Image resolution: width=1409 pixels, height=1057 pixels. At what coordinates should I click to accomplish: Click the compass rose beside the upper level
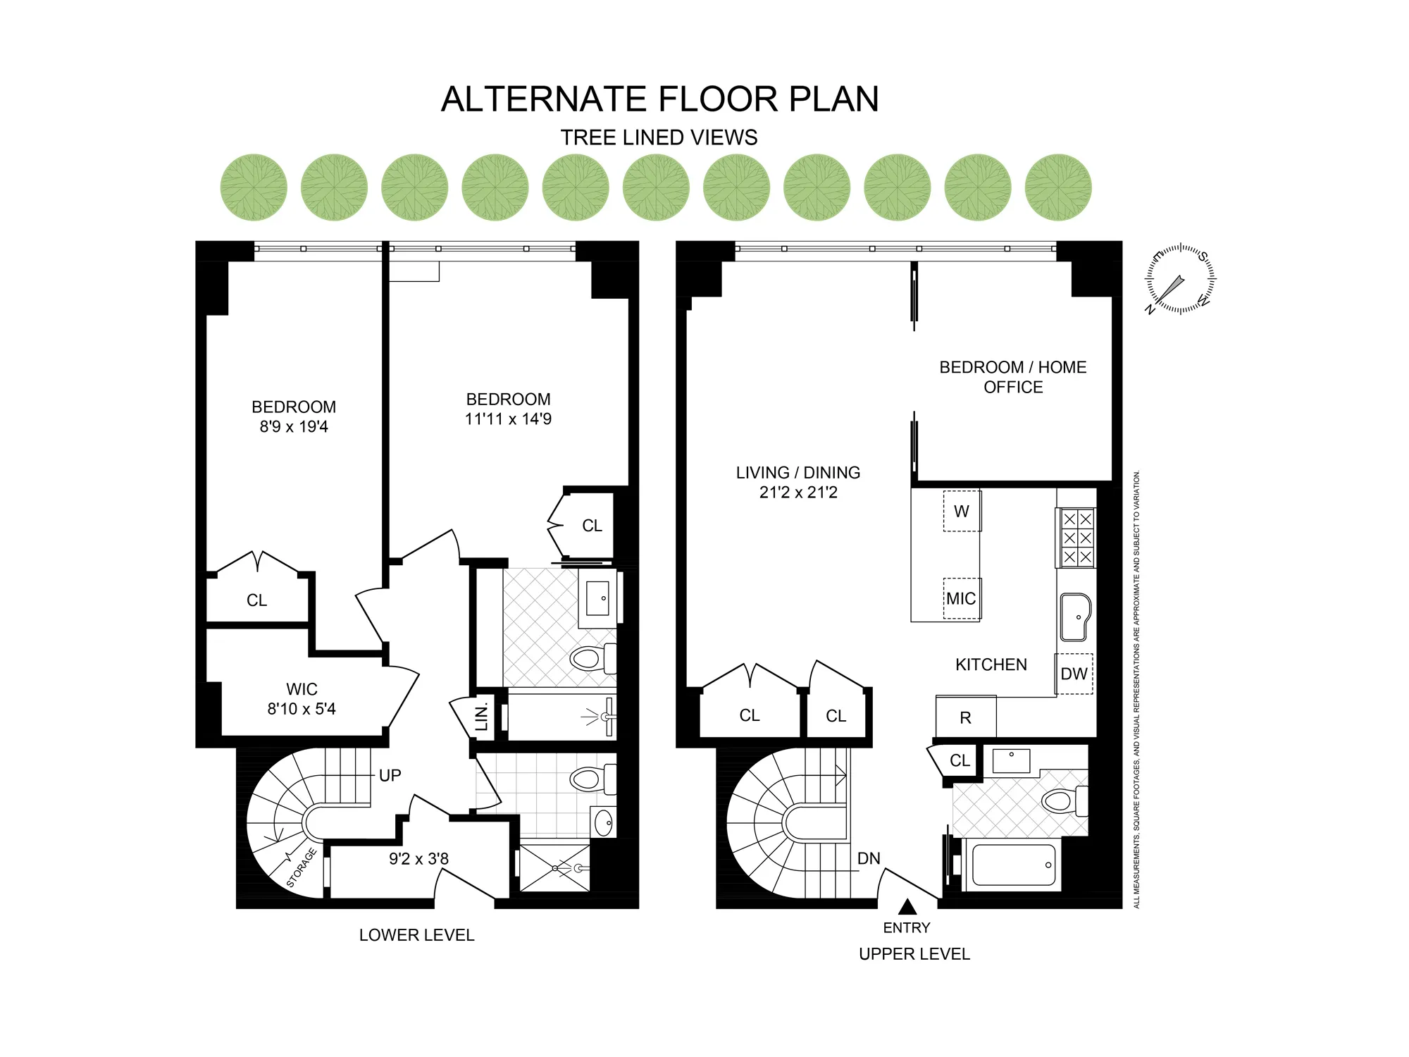tap(1180, 279)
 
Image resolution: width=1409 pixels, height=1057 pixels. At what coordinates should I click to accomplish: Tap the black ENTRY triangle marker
tap(907, 907)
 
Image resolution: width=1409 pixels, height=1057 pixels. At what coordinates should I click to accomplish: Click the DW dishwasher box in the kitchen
tap(1074, 674)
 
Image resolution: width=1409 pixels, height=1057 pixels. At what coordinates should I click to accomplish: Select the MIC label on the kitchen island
tap(961, 599)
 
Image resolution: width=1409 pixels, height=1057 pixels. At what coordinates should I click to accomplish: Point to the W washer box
tap(962, 512)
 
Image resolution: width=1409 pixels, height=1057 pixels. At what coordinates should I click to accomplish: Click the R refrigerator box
tap(966, 717)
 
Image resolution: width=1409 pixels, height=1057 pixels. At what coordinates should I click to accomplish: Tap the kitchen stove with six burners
tap(1076, 538)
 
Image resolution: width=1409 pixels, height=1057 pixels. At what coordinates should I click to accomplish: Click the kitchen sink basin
tap(1075, 617)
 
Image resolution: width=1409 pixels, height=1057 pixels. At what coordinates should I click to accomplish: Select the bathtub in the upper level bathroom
tap(1014, 865)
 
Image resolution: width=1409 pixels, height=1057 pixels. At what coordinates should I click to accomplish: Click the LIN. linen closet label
tap(482, 717)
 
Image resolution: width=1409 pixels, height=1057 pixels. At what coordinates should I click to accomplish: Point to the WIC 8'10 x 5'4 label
tap(302, 699)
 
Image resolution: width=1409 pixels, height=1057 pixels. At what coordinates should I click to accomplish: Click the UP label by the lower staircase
tap(390, 776)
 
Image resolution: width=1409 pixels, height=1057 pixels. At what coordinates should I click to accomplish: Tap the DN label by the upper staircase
tap(869, 858)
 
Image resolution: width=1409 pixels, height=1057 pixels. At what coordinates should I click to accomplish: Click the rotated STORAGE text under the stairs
tap(302, 868)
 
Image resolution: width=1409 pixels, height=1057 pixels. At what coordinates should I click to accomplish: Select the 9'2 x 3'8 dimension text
tap(418, 859)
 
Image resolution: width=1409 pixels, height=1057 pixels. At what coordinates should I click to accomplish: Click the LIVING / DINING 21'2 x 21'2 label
tap(798, 483)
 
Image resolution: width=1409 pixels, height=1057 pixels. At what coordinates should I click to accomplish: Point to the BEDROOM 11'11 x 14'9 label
tap(508, 409)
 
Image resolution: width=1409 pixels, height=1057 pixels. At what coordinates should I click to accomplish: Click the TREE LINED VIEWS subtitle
tap(659, 137)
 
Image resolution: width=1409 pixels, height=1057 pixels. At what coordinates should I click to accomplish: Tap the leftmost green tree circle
tap(254, 187)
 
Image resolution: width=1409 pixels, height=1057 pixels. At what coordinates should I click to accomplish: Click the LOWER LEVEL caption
tap(416, 935)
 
